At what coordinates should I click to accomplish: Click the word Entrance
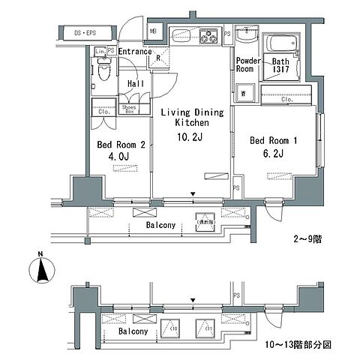point(135,51)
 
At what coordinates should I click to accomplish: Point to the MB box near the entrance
point(153,31)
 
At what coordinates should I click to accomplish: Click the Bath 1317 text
point(281,65)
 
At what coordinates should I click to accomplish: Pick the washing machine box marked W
point(244,94)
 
